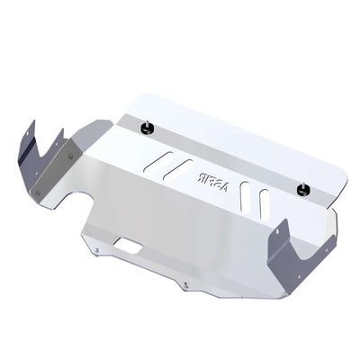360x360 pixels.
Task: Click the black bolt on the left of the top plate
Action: pyautogui.click(x=148, y=130)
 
